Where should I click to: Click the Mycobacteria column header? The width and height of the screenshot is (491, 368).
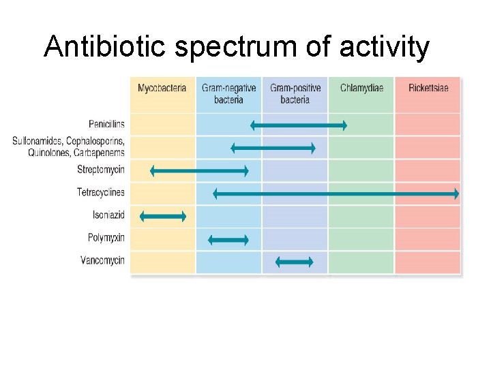(x=162, y=89)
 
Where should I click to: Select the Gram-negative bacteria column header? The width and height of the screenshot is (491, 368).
(x=228, y=94)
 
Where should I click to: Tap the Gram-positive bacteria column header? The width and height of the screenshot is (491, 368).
(x=295, y=94)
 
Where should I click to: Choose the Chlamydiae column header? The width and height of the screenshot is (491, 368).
(x=361, y=89)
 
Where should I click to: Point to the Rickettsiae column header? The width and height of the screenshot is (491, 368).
(x=428, y=89)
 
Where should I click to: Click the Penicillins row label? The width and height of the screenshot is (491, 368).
(x=106, y=125)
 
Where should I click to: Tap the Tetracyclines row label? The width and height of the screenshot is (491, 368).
(x=101, y=193)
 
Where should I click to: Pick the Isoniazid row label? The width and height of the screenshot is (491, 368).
(x=108, y=215)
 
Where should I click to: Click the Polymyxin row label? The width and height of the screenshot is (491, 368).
(x=106, y=239)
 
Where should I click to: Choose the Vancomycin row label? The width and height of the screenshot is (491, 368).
(x=102, y=261)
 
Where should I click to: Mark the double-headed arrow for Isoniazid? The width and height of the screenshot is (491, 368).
(x=162, y=216)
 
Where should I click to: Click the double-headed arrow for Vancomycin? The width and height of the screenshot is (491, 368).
(x=294, y=262)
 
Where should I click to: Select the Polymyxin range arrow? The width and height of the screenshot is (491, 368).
(x=228, y=239)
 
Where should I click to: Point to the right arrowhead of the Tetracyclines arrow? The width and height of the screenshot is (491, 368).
(x=456, y=194)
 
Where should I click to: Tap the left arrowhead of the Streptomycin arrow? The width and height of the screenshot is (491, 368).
(x=153, y=171)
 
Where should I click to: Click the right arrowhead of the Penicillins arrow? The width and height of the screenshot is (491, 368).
(x=344, y=125)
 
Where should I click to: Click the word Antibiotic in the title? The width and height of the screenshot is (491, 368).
(x=107, y=47)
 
